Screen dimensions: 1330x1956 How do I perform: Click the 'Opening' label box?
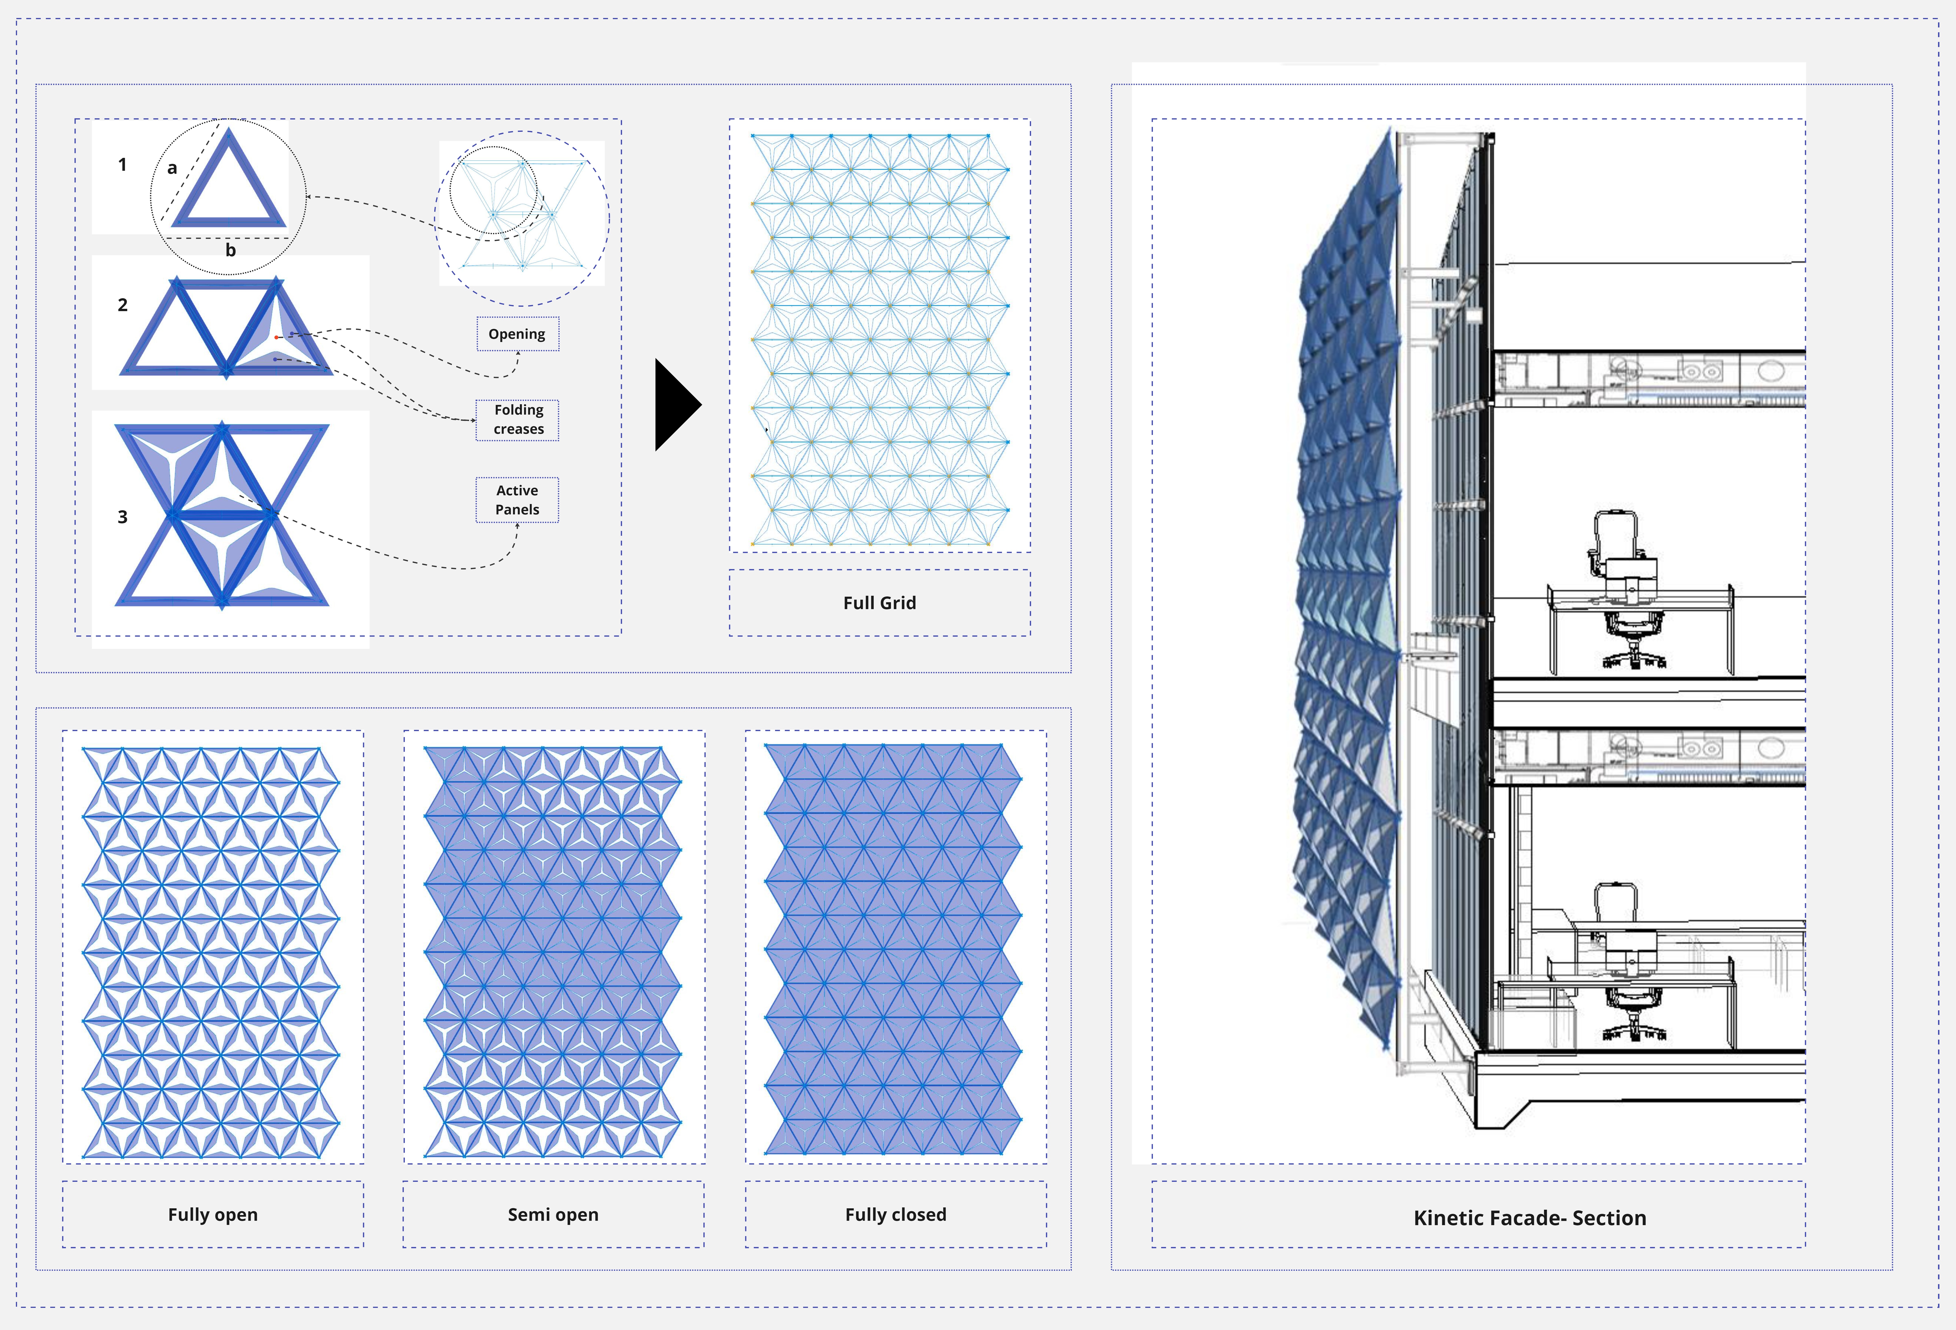[x=517, y=334]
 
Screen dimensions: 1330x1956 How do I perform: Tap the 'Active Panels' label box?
[x=517, y=500]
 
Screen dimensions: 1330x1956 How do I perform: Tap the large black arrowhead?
[x=676, y=405]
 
